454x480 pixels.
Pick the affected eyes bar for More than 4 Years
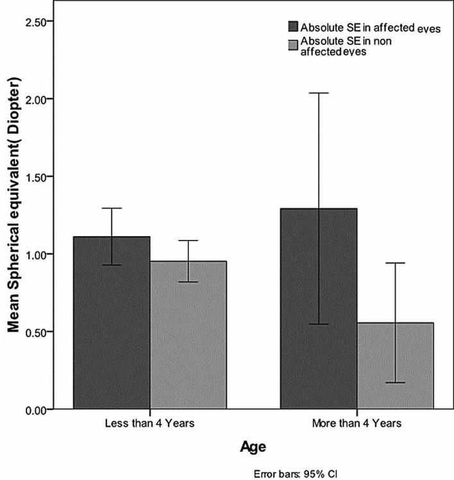[318, 309]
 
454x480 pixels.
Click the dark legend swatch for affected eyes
[293, 26]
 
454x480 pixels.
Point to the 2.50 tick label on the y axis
[38, 22]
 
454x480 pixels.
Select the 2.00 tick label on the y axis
[38, 99]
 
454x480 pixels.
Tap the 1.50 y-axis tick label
[38, 177]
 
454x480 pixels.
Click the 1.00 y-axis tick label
[38, 255]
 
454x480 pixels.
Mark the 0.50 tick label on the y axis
[38, 332]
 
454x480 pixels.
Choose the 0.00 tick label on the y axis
[38, 409]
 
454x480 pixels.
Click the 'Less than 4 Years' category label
[150, 424]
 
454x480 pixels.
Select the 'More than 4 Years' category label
[357, 424]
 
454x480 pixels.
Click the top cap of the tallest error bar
[318, 93]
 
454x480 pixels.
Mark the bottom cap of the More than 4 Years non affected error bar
[395, 382]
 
